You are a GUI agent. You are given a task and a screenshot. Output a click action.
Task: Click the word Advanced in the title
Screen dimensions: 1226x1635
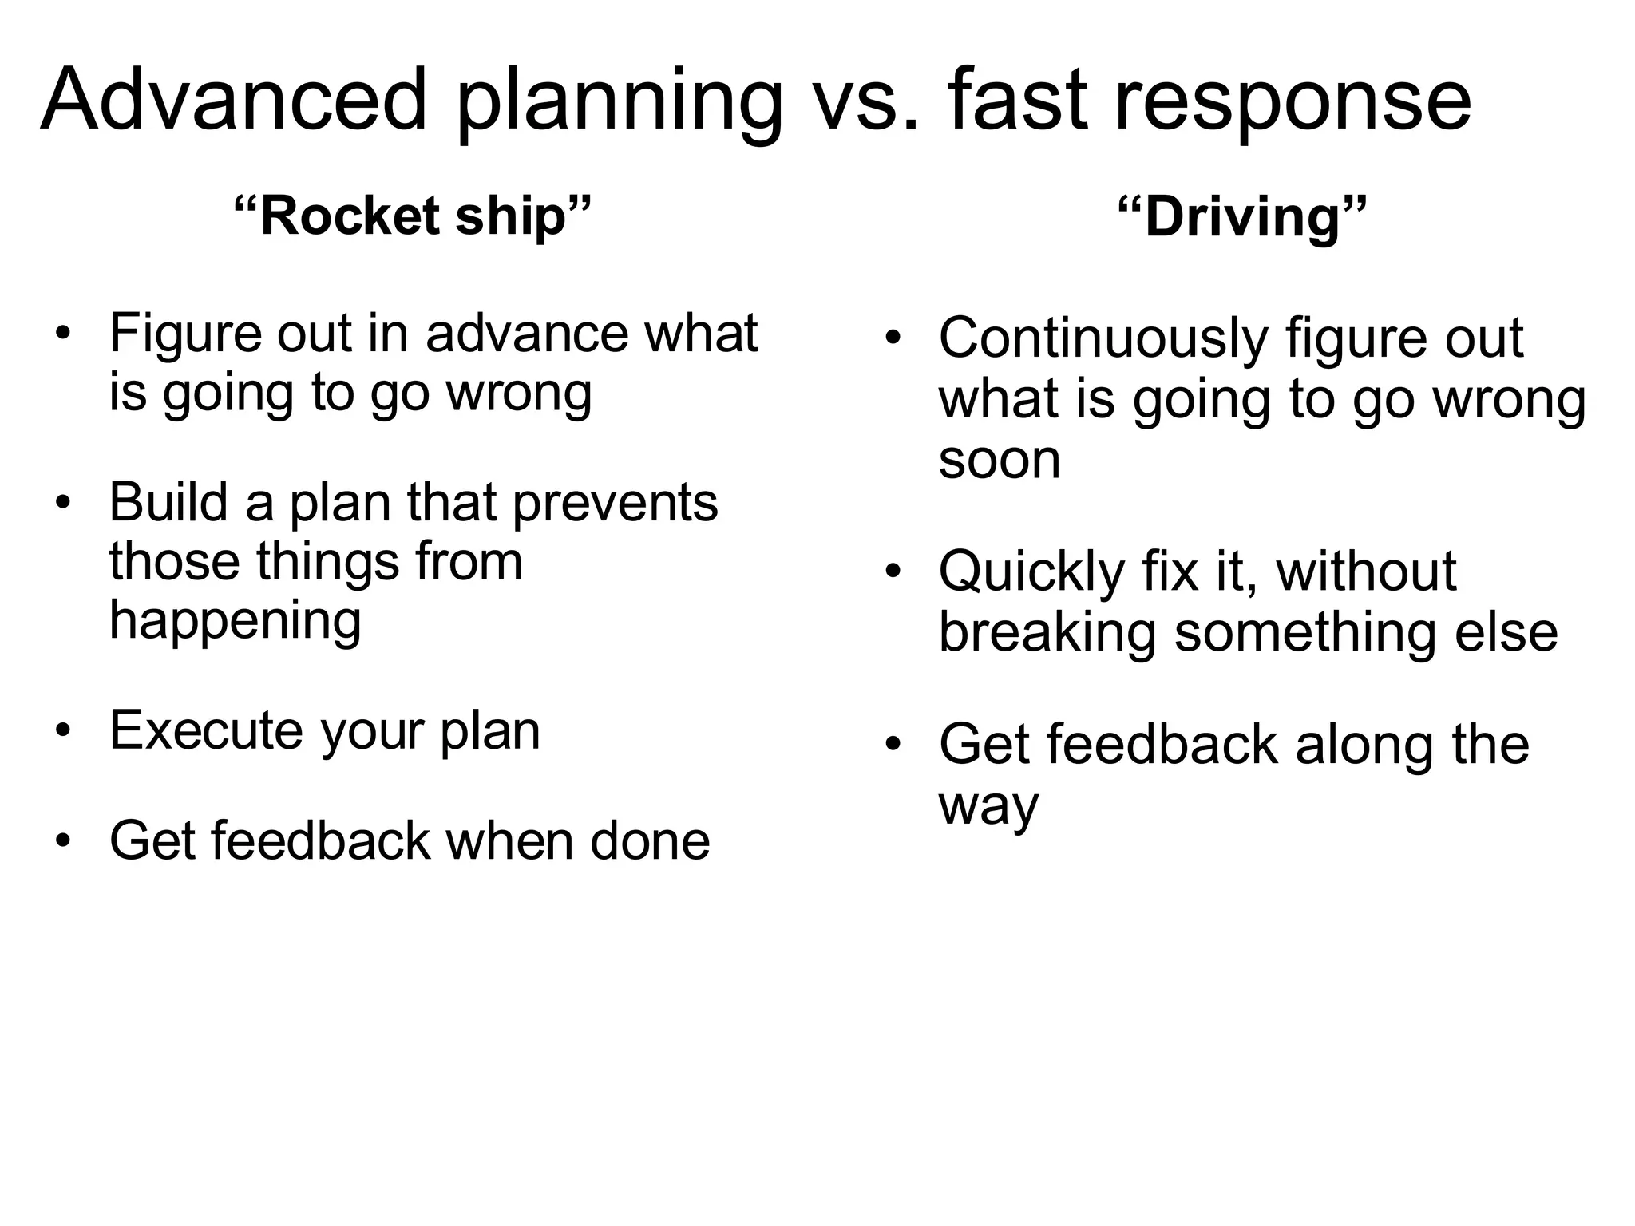point(233,100)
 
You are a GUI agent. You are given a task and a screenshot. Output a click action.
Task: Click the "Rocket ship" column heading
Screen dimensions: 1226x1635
point(413,216)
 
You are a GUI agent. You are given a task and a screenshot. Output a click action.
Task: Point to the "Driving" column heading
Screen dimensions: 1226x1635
point(1241,217)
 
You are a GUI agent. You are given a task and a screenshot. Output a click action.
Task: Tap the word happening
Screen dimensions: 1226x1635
point(236,621)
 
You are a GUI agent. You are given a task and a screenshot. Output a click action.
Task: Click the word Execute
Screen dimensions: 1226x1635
point(206,730)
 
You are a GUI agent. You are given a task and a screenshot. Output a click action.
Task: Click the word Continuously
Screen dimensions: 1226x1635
point(1103,339)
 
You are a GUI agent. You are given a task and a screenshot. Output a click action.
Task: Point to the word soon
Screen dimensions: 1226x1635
point(1000,459)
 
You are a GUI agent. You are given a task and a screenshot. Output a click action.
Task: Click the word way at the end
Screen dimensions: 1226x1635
point(988,806)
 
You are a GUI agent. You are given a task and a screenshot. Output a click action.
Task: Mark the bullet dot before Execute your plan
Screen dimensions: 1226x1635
point(64,730)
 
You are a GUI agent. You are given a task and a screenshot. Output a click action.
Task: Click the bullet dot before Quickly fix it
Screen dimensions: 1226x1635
point(893,572)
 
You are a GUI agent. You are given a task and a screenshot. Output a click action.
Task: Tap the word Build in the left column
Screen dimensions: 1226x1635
point(169,503)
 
